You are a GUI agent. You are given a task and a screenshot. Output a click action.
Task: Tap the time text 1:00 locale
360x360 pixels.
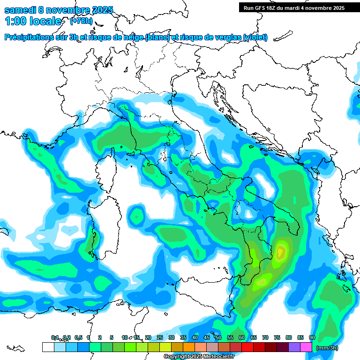click(x=33, y=21)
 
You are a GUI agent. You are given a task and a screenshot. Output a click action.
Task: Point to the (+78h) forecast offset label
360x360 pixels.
click(x=81, y=21)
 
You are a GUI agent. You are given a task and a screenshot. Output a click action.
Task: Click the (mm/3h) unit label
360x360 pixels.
click(x=327, y=348)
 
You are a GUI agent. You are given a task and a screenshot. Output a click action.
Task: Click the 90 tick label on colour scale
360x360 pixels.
click(x=312, y=338)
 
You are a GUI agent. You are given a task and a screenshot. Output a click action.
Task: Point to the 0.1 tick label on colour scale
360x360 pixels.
click(x=55, y=338)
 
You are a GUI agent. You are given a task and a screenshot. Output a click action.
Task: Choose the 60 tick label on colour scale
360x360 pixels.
click(x=242, y=338)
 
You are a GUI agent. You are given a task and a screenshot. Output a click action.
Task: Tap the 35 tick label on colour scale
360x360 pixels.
click(x=183, y=338)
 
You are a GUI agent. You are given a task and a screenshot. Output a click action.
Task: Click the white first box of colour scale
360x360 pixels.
click(x=48, y=347)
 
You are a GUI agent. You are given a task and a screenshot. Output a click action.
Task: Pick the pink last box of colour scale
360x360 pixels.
click(x=306, y=347)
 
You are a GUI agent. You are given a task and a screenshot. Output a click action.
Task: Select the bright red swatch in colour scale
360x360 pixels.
click(x=247, y=347)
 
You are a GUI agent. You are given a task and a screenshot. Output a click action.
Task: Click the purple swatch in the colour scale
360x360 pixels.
click(x=294, y=347)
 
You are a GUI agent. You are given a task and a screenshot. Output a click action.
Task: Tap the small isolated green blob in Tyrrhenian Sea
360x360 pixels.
click(x=137, y=216)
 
